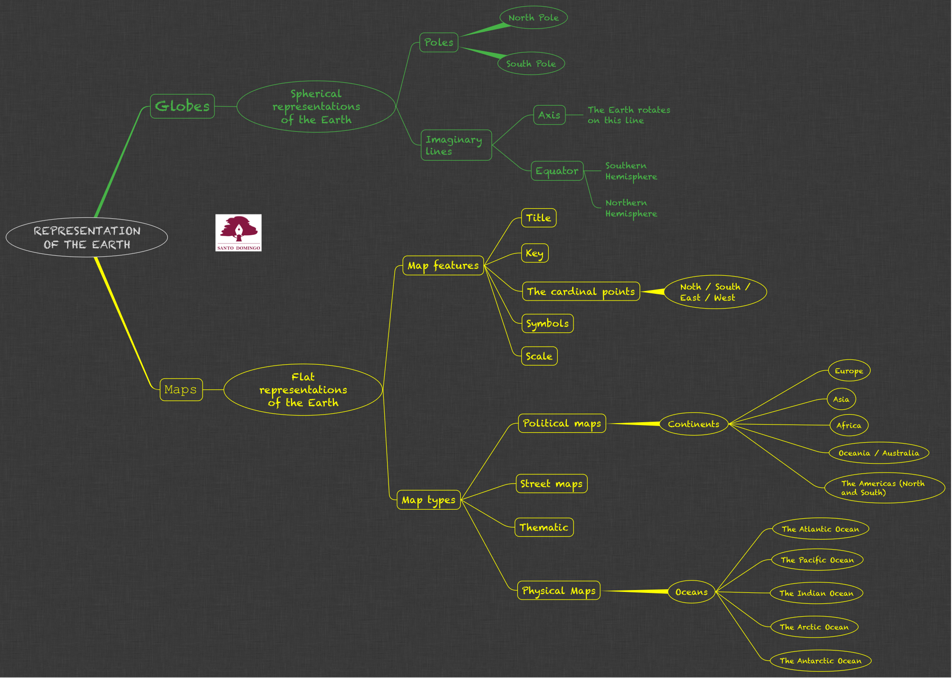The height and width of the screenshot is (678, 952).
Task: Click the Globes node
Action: (182, 106)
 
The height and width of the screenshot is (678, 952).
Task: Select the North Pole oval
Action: (534, 18)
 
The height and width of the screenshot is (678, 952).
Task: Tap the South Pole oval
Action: (531, 64)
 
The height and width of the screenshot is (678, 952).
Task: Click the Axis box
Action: (549, 115)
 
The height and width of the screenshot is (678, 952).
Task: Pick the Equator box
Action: (557, 171)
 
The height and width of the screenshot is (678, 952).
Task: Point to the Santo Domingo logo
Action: (238, 232)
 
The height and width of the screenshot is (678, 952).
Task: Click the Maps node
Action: (181, 389)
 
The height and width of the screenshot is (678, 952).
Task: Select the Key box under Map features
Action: (534, 253)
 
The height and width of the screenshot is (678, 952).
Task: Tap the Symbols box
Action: (547, 323)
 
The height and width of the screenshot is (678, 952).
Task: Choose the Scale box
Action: (539, 356)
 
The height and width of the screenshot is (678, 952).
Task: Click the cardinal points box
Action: (581, 291)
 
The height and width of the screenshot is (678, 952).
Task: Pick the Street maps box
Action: (551, 484)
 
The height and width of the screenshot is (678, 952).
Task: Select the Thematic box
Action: (544, 527)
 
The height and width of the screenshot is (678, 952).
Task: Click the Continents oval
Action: (693, 424)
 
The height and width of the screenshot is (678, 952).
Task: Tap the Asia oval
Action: (841, 399)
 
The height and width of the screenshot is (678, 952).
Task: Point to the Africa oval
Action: (849, 426)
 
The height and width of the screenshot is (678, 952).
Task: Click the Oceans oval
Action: (691, 592)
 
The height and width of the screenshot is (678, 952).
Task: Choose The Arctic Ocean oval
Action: (814, 627)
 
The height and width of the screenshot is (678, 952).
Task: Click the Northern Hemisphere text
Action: (631, 208)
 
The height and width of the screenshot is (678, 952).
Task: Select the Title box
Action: (538, 218)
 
